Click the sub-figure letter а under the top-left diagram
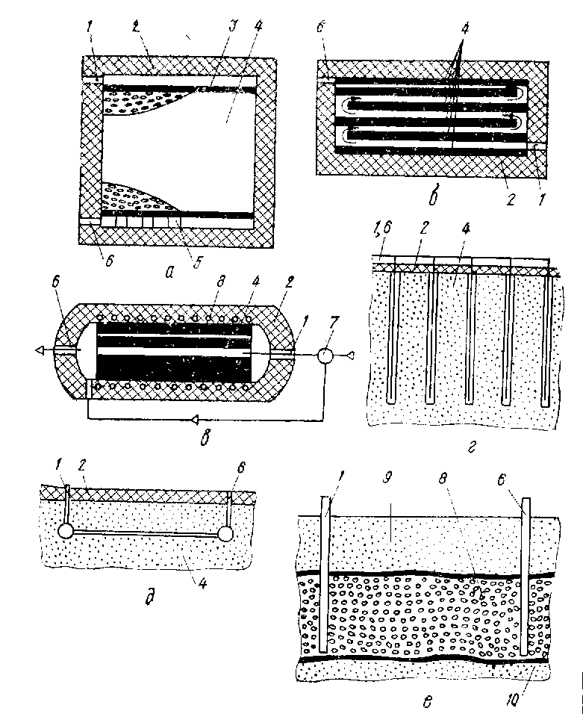click(x=169, y=273)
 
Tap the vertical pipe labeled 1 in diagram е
click(x=322, y=575)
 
